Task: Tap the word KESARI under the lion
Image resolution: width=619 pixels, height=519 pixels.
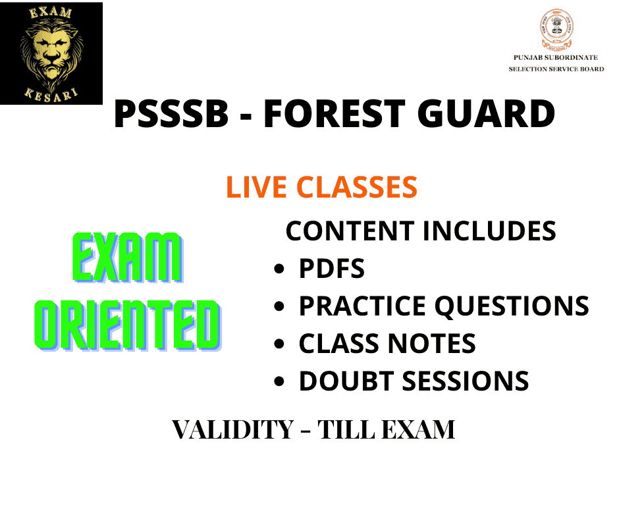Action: point(51,95)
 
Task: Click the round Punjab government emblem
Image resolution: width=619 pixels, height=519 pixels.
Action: point(556,30)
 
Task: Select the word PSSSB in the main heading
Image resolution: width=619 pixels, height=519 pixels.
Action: point(171,114)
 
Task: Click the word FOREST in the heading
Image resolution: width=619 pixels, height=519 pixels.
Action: point(335,114)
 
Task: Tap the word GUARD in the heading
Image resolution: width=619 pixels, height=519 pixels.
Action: point(487,114)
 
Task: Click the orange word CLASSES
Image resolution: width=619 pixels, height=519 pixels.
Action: point(357,187)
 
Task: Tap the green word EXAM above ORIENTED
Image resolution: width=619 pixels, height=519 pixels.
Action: point(128,258)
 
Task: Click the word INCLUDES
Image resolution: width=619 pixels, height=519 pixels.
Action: point(489,231)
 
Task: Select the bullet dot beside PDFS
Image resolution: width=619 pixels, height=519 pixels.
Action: point(279,269)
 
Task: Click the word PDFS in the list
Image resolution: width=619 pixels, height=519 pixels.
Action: point(332,269)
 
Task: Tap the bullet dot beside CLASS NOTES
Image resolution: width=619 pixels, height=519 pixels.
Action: point(279,344)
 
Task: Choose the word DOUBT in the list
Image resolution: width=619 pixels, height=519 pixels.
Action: point(346,381)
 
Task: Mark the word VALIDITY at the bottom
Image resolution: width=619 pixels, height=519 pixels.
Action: point(233,429)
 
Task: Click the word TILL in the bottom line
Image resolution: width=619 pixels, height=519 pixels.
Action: point(346,429)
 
